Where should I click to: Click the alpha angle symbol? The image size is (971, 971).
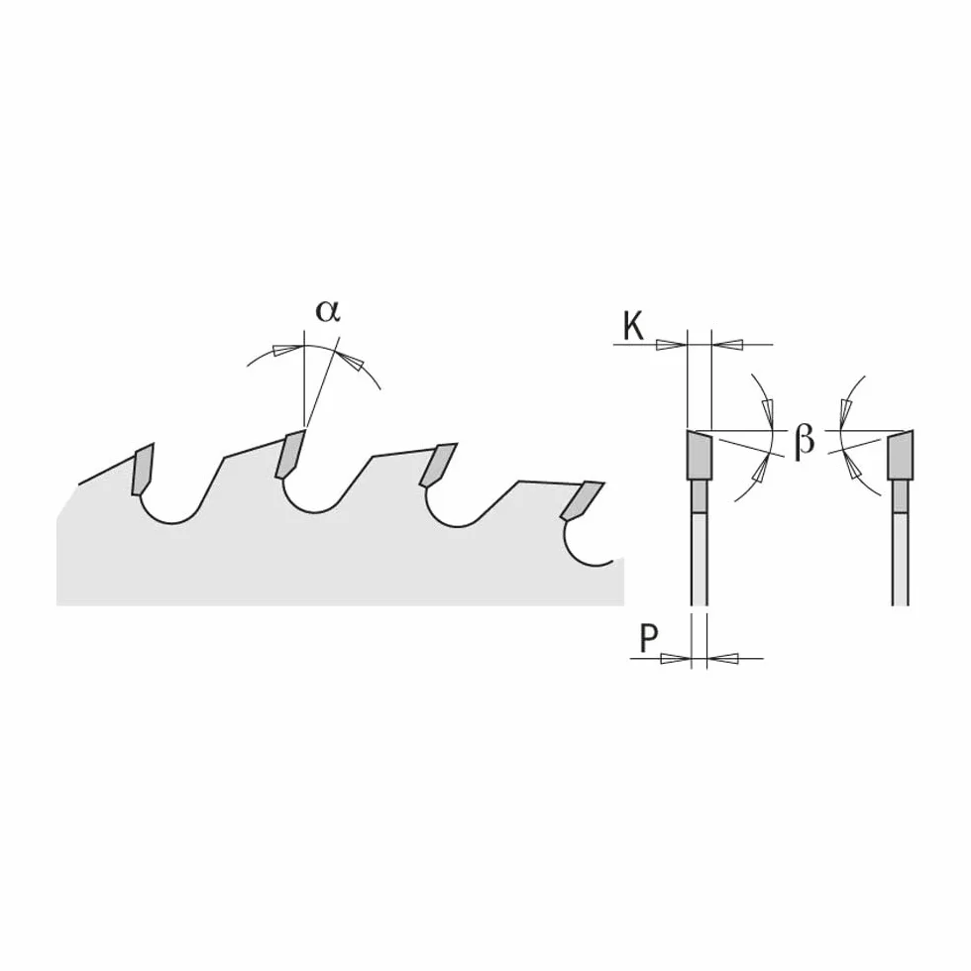point(328,311)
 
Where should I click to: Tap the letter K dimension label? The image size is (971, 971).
point(633,326)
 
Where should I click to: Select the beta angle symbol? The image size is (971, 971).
point(804,440)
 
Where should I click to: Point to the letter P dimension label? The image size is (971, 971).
point(648,638)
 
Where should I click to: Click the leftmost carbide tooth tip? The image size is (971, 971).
point(142,469)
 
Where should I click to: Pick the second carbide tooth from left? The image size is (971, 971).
point(289,454)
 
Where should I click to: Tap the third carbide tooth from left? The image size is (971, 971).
point(437,465)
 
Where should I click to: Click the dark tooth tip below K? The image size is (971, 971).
point(699,455)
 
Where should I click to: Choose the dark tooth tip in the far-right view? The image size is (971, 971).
point(901,455)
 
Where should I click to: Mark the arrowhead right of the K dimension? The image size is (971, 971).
point(726,345)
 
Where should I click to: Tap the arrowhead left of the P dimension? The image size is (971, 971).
point(676,658)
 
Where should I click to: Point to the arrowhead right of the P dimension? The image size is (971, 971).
point(721,658)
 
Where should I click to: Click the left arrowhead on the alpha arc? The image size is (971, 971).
point(289,349)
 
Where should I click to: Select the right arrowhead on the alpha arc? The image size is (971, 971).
point(351,361)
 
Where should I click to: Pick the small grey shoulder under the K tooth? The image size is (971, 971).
point(699,496)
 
